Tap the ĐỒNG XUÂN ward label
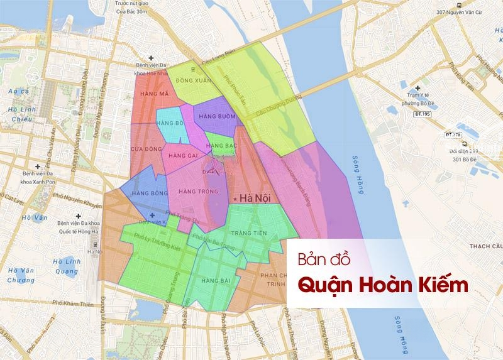[x=192, y=81]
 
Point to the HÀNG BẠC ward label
[x=220, y=146]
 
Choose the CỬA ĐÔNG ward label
[x=144, y=148]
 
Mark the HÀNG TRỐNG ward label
[x=194, y=190]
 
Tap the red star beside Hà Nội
[x=235, y=199]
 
